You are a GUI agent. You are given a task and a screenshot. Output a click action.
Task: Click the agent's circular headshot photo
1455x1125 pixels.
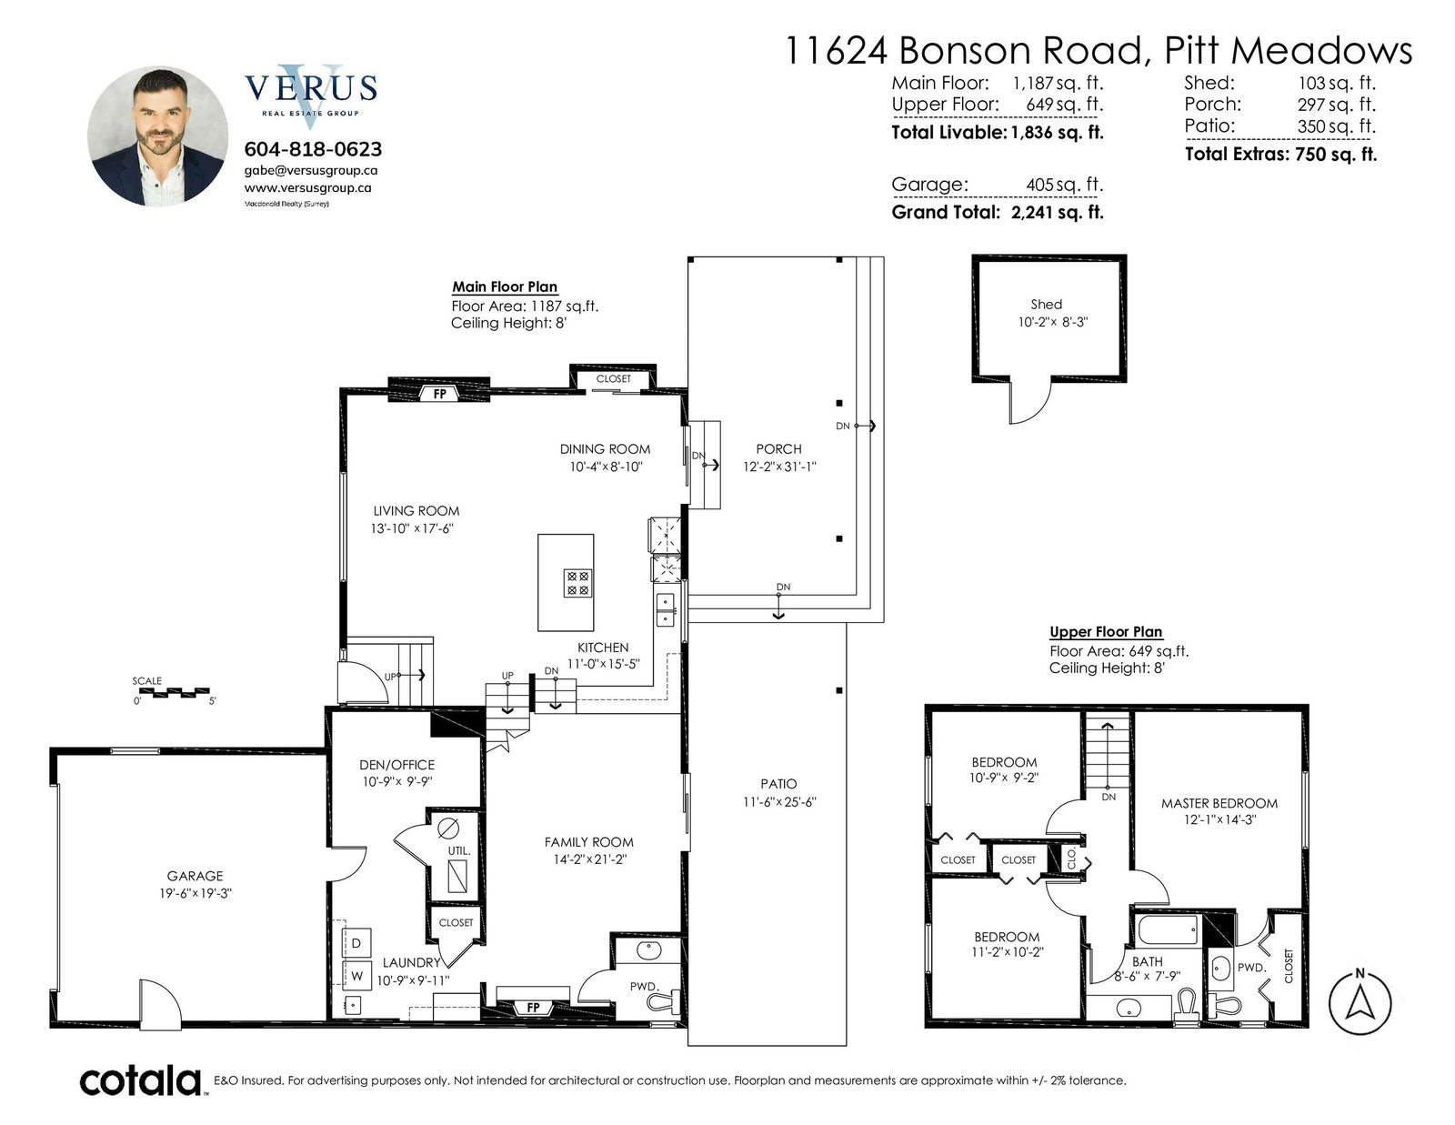(157, 136)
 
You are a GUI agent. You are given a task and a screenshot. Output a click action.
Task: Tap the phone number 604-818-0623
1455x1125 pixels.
(313, 148)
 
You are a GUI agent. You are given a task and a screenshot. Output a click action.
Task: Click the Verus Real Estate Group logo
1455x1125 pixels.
(311, 92)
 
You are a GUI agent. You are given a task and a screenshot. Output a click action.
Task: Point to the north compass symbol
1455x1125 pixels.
(1360, 1002)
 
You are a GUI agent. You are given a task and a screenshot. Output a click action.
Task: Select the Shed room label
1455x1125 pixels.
(1046, 304)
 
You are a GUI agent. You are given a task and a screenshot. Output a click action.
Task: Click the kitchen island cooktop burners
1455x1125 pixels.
(577, 583)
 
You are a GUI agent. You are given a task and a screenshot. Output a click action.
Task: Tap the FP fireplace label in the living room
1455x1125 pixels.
(439, 394)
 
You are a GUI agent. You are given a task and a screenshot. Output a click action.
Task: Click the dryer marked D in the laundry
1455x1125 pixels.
(356, 943)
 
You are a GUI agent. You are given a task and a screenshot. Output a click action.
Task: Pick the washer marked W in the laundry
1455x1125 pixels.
(356, 976)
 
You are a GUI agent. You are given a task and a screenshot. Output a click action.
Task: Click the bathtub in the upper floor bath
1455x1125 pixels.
(1168, 930)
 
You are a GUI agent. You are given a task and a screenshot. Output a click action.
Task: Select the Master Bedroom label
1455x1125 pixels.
(1219, 803)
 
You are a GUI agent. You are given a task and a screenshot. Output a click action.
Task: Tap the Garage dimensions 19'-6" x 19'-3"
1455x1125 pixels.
(195, 893)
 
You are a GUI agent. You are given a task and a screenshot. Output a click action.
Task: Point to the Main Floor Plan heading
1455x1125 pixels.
(504, 286)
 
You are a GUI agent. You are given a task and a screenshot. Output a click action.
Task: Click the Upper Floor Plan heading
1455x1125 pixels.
(1106, 631)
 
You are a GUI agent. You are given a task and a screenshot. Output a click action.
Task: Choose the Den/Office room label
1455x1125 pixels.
(397, 765)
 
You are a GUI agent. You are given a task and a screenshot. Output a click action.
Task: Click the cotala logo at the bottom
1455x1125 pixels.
(141, 1080)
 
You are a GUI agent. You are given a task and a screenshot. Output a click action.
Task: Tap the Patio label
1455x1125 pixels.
(778, 783)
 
